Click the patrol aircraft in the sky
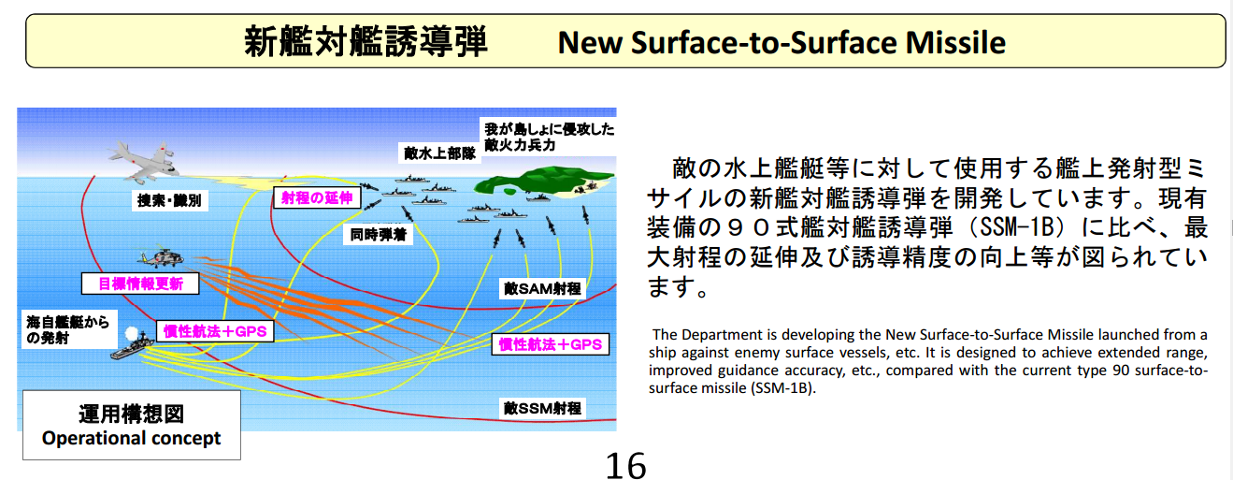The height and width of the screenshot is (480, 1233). pos(144,162)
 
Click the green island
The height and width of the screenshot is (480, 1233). pos(542,181)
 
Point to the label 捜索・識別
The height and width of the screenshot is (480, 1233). pos(169,200)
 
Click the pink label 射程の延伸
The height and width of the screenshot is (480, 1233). pos(317,197)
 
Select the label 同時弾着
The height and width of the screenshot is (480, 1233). pos(379,235)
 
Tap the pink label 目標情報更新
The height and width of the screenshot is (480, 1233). pos(140,284)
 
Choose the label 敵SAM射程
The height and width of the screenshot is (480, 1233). pos(542,288)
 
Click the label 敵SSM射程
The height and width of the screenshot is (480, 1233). pos(542,408)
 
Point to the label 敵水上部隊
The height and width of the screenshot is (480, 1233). pos(439,153)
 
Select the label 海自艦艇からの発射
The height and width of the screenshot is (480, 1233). pos(69,329)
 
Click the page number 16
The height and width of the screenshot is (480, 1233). pos(626,466)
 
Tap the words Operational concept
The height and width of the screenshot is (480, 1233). pos(131,438)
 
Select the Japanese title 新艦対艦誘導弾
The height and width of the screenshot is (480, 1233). pos(366,41)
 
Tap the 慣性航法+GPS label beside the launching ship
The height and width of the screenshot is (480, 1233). pos(215,332)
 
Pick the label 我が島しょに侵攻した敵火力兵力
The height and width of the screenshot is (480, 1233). pos(549,137)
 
